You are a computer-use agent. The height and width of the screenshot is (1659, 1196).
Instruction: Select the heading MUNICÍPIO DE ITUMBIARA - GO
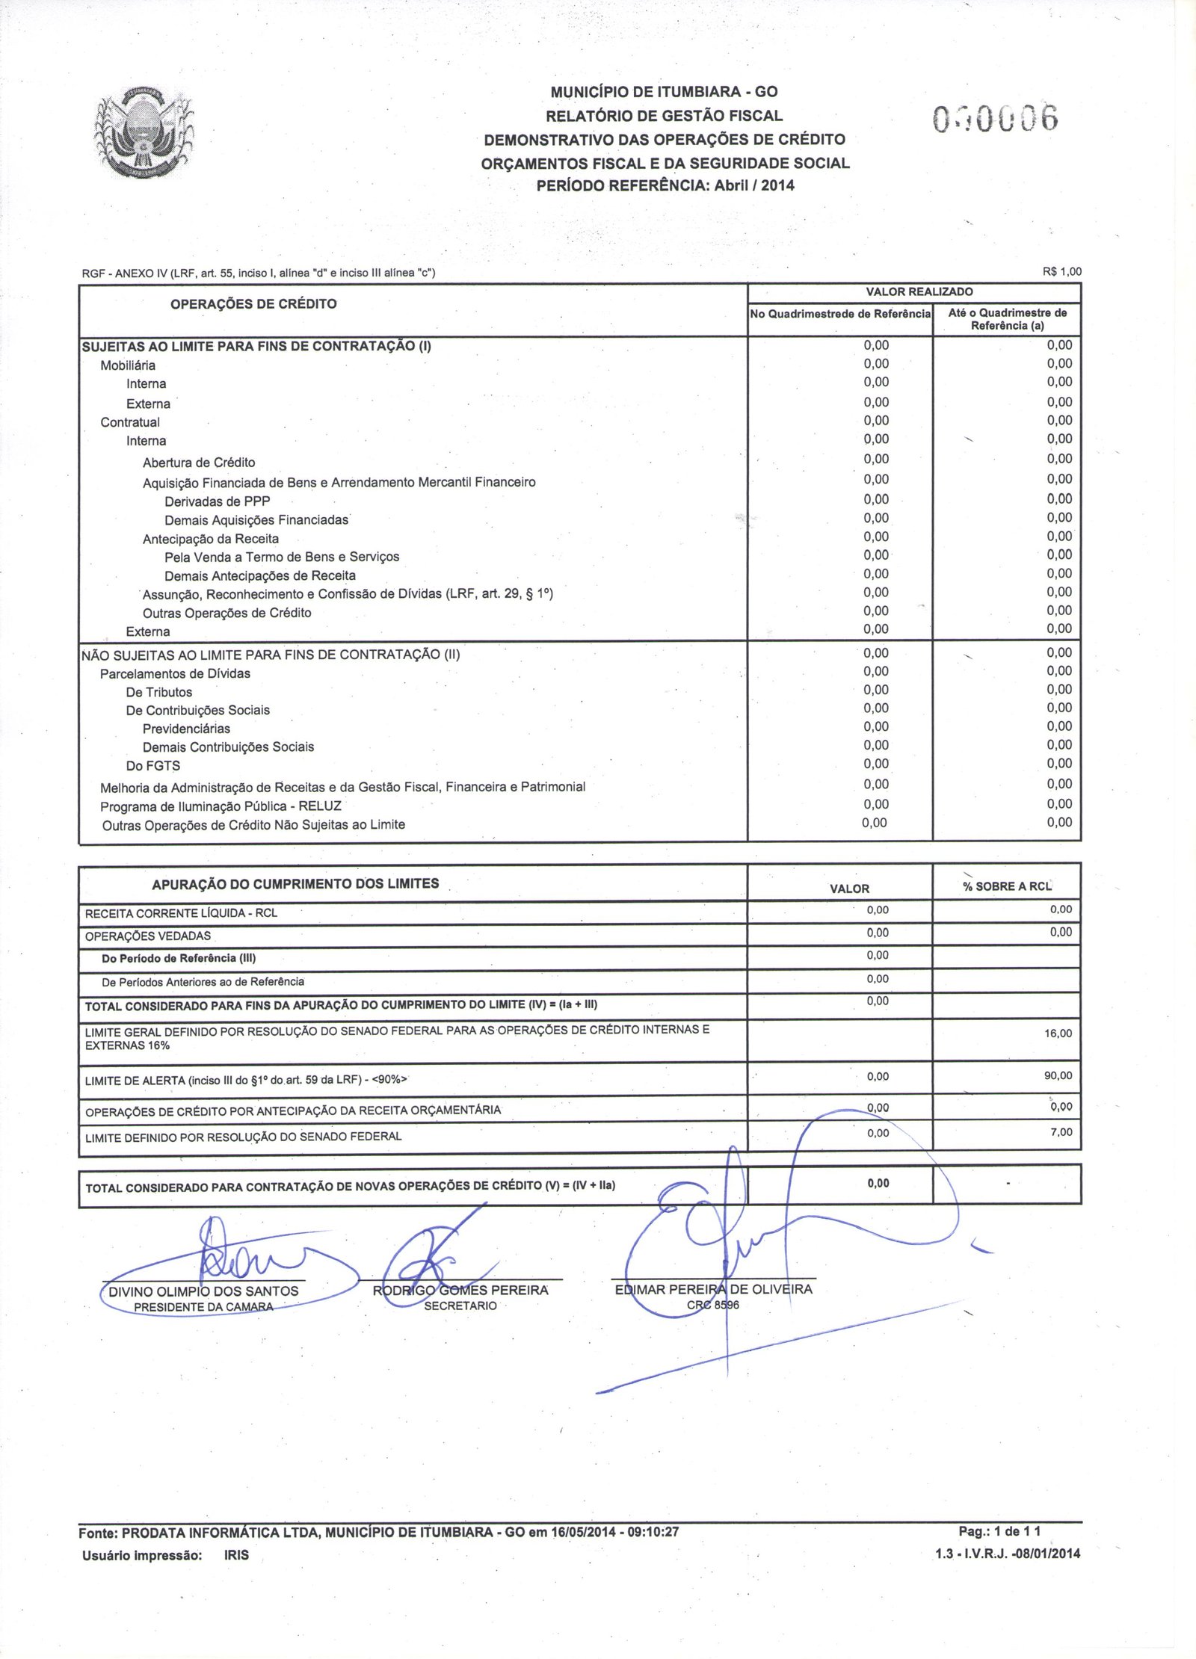(x=664, y=92)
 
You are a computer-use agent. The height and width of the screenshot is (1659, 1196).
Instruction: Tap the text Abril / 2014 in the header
(x=754, y=186)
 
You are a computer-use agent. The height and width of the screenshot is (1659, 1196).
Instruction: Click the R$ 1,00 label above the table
(x=1061, y=272)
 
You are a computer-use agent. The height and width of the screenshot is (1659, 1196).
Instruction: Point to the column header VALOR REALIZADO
(x=919, y=291)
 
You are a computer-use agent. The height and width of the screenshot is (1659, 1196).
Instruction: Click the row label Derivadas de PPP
(x=217, y=501)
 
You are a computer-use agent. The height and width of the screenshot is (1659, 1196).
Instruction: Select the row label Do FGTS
(x=152, y=766)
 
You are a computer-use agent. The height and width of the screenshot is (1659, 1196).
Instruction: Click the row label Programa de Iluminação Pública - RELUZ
(x=221, y=806)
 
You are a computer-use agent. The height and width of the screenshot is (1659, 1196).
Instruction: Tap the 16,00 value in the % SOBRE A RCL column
(x=1058, y=1034)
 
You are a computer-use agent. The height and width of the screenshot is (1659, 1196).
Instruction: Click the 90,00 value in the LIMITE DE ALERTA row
(x=1058, y=1075)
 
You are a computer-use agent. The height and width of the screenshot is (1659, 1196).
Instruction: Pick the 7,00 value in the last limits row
(x=1061, y=1132)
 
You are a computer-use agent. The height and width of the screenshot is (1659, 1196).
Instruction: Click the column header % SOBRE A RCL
(x=1007, y=886)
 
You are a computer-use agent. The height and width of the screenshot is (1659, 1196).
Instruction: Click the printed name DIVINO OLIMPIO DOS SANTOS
(x=203, y=1291)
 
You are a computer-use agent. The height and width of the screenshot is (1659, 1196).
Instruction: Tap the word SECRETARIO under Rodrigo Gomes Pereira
(x=460, y=1306)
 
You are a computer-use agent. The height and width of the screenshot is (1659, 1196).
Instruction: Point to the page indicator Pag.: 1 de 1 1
(x=999, y=1531)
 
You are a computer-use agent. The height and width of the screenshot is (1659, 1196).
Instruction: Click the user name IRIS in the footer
(x=236, y=1555)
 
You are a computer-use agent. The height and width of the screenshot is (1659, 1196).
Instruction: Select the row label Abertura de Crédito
(x=199, y=463)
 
